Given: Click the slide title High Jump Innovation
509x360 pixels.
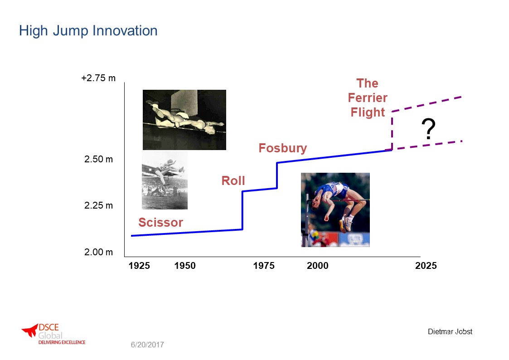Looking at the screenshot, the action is (88, 31).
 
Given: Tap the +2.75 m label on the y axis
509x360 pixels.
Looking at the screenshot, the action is (98, 78).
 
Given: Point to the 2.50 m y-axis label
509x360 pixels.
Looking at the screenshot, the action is (99, 159).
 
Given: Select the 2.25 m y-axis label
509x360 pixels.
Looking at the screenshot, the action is (99, 205).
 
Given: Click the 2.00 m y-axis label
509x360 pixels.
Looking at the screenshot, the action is (99, 252).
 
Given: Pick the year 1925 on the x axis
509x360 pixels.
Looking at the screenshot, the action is (139, 266).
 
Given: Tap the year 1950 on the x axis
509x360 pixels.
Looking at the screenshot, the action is (185, 266).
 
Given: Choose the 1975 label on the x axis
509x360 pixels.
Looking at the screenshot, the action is (264, 266).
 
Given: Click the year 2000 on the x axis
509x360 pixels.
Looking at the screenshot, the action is (317, 266).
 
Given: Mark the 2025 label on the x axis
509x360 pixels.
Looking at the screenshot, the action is (426, 266).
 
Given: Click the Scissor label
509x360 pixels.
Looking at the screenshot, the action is (161, 223).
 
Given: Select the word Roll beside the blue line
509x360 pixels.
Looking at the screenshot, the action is (233, 181).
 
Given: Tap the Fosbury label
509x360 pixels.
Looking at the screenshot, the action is (283, 148).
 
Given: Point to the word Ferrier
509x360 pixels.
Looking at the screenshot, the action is (368, 98).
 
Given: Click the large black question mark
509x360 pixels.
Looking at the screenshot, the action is (428, 129).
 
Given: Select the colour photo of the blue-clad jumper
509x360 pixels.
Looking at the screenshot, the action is (335, 210).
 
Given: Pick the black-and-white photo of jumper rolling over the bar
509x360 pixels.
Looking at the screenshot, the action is (184, 120).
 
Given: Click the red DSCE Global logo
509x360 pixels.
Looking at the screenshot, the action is (53, 334).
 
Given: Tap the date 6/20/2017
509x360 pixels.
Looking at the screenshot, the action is (147, 345).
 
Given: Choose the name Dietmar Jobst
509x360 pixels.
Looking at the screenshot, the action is (450, 332).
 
